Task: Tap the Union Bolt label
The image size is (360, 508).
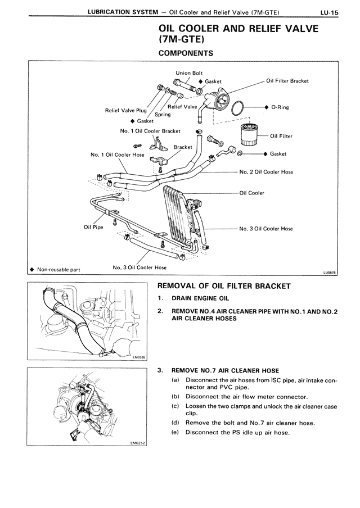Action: point(189,72)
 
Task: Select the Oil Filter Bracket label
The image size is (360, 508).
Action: point(287,81)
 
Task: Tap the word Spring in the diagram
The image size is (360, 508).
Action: point(163,115)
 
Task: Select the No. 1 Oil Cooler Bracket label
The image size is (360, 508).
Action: point(150,131)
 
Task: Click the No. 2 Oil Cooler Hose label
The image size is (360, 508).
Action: point(266,172)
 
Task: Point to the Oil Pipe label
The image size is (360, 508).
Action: point(93,227)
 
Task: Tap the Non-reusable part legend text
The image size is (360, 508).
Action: point(58,270)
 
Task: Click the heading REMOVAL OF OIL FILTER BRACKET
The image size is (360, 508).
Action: point(224,286)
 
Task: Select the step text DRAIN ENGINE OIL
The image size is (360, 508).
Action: point(200,298)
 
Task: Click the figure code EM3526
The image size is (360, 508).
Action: point(139,356)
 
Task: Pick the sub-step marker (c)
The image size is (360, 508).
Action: point(175,406)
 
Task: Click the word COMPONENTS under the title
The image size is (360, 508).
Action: point(186,54)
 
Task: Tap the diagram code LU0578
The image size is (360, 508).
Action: point(328,273)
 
